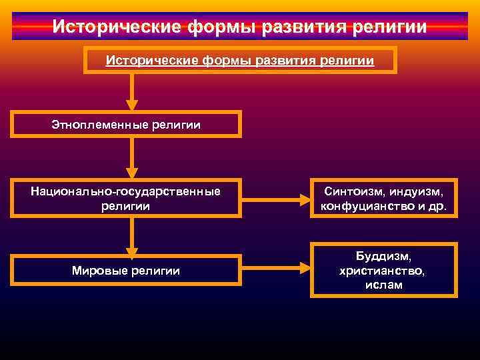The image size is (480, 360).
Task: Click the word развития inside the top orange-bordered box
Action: coord(276,61)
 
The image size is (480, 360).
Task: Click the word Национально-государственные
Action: coord(125,191)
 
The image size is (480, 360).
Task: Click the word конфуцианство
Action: coord(369,206)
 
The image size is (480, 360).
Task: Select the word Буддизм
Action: coord(384,256)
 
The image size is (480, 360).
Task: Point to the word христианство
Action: coord(383,271)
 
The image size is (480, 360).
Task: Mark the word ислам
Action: coord(383,285)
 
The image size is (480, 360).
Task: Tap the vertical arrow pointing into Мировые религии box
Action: coord(132,237)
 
